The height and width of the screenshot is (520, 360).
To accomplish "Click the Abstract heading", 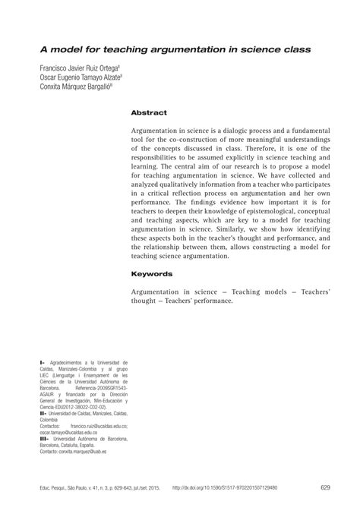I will tap(148, 112).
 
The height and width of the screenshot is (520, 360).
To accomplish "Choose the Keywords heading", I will tap(152, 273).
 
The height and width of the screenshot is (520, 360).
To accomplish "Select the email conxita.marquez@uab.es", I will tap(82, 451).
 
